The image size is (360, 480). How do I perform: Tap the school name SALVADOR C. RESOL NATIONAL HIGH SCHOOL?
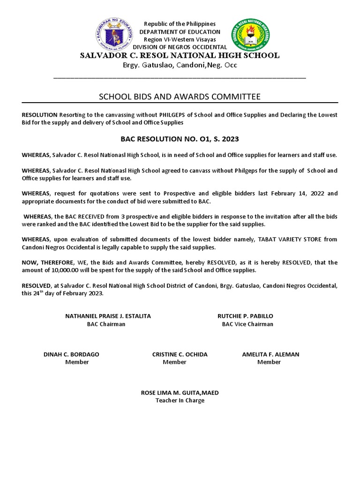point(180,55)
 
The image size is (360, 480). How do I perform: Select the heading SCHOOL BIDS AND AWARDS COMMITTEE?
point(180,97)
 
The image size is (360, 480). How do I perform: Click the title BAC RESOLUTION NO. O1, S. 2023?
point(180,139)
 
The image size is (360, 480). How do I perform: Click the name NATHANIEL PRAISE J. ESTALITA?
point(108,316)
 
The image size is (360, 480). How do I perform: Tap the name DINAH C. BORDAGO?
point(71,354)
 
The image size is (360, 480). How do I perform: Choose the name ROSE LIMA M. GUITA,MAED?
point(180,393)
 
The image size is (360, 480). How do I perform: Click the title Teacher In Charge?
point(180,401)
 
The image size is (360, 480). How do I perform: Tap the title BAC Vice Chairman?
point(247,324)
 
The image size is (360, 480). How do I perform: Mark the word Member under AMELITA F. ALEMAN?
point(269,362)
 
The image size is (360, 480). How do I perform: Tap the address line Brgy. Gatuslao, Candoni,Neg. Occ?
point(180,65)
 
